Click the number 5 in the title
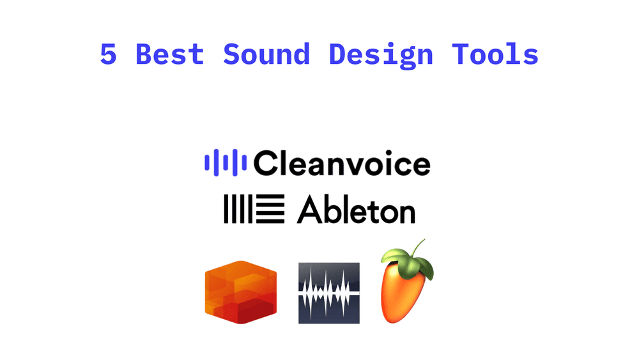109,54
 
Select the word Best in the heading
170,54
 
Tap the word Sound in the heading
266,54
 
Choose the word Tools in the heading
495,54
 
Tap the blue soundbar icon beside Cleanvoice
226,162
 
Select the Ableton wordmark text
356,210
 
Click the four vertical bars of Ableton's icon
238,210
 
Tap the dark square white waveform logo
328,292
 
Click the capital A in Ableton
309,210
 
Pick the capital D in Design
337,54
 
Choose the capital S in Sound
231,54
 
